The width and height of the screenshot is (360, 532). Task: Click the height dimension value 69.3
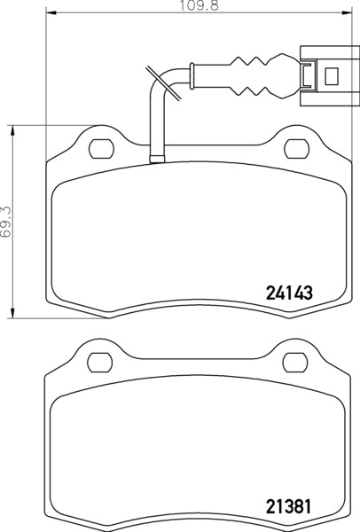(x=6, y=222)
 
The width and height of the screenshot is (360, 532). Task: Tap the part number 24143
(x=289, y=293)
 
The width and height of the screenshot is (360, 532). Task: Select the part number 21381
(x=288, y=507)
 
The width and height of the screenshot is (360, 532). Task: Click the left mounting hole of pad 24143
(x=101, y=149)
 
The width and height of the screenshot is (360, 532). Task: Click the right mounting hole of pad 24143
(x=296, y=149)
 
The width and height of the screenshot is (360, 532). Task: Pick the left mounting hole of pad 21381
(x=100, y=363)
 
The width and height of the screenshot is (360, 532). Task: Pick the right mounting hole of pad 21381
(x=295, y=363)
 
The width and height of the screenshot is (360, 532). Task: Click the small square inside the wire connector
(x=332, y=76)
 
